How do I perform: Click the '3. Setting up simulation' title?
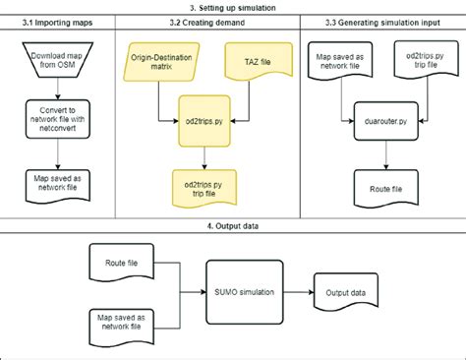pos(233,7)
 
